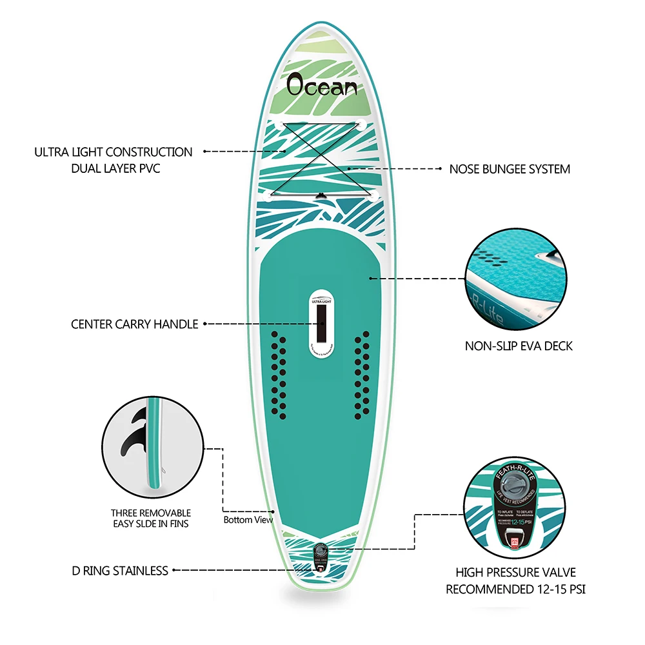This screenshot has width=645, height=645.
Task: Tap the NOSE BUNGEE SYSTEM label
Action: pos(510,170)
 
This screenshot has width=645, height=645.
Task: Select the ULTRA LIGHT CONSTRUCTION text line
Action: pos(114,152)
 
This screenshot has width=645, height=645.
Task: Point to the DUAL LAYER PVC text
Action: pos(114,169)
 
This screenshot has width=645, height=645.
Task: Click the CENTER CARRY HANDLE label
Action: pos(134,324)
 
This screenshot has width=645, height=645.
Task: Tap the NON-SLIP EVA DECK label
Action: pos(519,346)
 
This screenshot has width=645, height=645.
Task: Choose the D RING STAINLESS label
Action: pos(120,571)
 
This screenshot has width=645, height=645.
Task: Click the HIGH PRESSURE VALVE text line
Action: pos(515,573)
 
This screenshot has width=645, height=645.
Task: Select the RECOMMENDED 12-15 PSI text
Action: pos(515,589)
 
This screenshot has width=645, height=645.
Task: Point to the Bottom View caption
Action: pos(248,520)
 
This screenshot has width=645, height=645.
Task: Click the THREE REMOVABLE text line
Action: pos(150,513)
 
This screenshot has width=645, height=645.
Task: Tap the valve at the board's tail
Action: pos(321,555)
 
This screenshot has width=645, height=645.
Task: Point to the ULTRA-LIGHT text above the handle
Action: pos(321,301)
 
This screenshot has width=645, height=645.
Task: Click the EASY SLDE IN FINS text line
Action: pos(150,524)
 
